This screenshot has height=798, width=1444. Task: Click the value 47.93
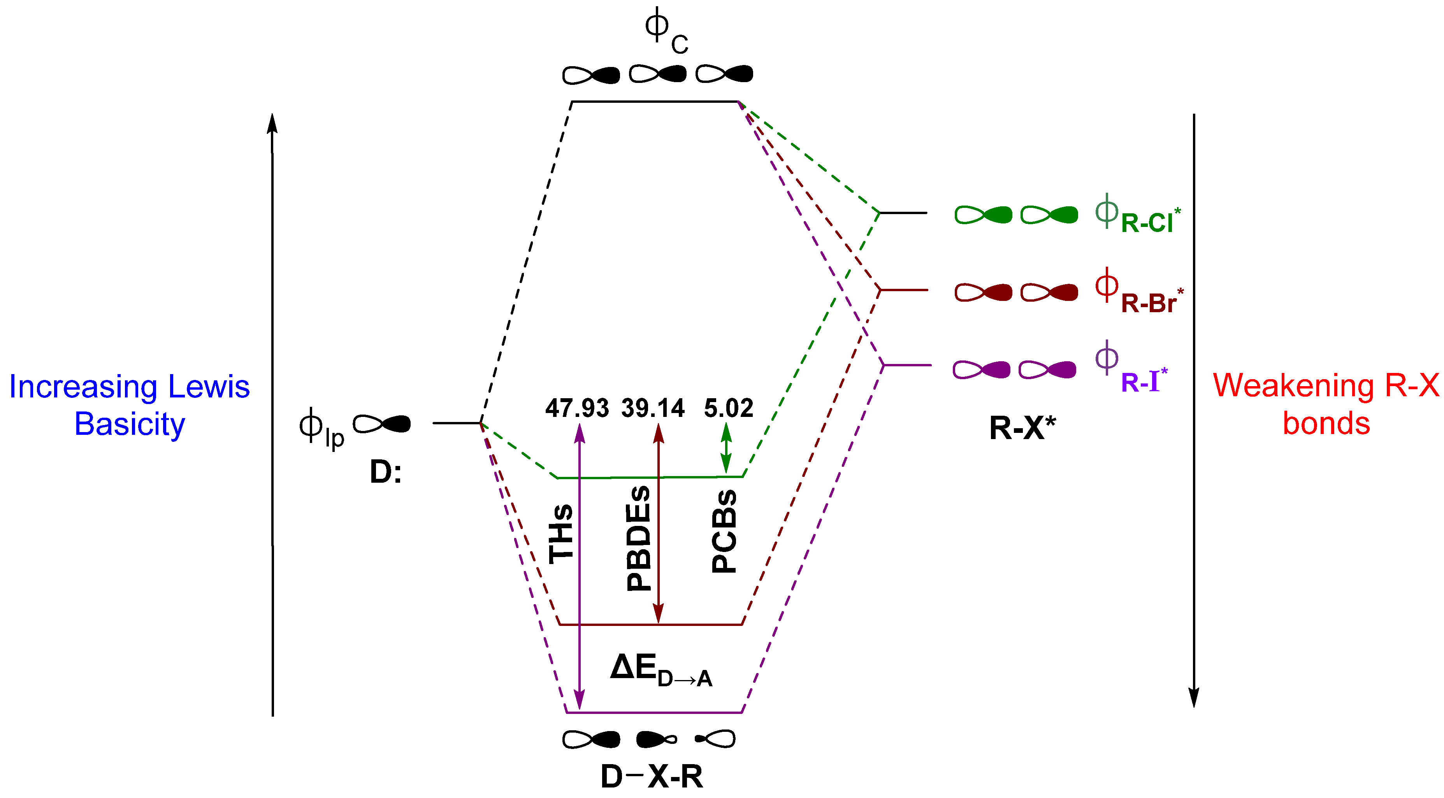pyautogui.click(x=577, y=408)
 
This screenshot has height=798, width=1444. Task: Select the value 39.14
pyautogui.click(x=653, y=408)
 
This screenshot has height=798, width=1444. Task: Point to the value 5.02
pyautogui.click(x=729, y=408)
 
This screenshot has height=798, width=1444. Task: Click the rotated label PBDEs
pyautogui.click(x=638, y=538)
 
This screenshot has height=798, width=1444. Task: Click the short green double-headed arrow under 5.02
pyautogui.click(x=726, y=448)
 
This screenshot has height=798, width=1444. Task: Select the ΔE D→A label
pyautogui.click(x=661, y=671)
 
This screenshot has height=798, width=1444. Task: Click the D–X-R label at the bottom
pyautogui.click(x=652, y=777)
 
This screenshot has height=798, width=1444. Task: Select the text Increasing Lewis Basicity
pyautogui.click(x=130, y=405)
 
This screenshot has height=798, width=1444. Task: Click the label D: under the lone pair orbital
pyautogui.click(x=386, y=472)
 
